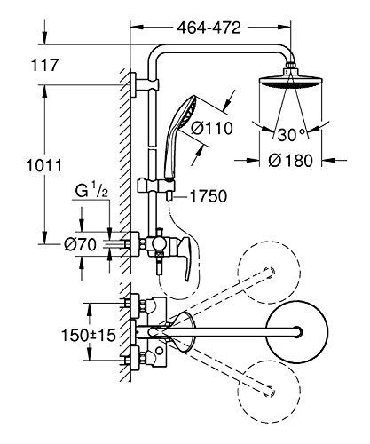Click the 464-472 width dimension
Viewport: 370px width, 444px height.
(x=209, y=28)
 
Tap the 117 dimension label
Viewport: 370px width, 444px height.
(x=45, y=65)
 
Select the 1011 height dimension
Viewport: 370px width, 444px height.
(x=44, y=165)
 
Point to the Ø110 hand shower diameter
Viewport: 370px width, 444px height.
(x=212, y=129)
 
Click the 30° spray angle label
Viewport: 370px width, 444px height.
(x=292, y=135)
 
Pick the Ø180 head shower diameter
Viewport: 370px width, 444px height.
(x=290, y=161)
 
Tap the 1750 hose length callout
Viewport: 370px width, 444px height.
(x=209, y=196)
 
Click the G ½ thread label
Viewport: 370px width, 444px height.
(x=91, y=191)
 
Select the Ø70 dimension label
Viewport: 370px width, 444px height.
(x=81, y=244)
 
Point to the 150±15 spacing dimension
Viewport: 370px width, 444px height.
(x=88, y=335)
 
